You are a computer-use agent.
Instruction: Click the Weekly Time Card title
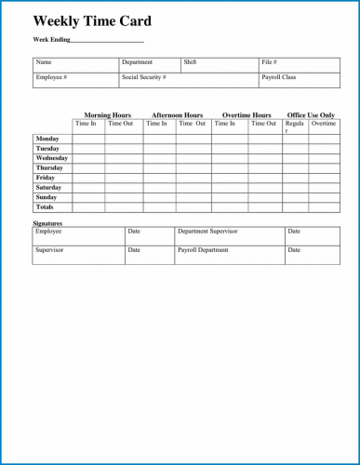[92, 21]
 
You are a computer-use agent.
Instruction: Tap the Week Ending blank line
[108, 42]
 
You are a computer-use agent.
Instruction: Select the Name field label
[44, 62]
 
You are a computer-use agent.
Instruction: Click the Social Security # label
[143, 77]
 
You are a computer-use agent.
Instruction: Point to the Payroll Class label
[278, 77]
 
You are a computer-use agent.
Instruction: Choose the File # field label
[270, 62]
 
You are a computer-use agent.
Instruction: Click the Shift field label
[190, 62]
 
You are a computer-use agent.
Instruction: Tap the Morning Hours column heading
[107, 115]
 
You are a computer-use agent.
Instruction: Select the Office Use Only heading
[311, 115]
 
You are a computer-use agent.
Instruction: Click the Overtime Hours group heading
[247, 115]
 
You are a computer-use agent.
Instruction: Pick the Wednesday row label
[52, 158]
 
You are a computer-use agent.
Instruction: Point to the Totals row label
[45, 206]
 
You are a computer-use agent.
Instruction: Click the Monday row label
[47, 139]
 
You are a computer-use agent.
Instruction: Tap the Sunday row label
[47, 197]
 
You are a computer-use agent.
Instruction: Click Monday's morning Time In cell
[88, 139]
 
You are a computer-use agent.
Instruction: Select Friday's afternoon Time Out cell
[193, 178]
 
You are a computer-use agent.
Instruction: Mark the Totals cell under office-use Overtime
[324, 206]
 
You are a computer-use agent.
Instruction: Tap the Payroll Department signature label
[202, 250]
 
